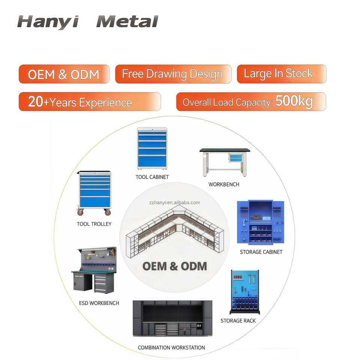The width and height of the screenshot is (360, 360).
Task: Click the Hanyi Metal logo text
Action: click(x=87, y=22)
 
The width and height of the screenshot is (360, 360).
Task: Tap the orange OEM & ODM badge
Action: click(x=64, y=74)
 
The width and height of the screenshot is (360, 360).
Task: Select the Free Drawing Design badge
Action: click(x=172, y=74)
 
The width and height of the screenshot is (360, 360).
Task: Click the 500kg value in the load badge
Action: click(x=294, y=101)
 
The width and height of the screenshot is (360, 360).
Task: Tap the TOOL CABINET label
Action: click(x=152, y=177)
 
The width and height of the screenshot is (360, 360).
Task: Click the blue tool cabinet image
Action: click(x=152, y=148)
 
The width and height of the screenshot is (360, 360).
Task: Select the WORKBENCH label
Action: click(x=224, y=184)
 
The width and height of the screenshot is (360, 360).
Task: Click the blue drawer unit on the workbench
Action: click(x=235, y=158)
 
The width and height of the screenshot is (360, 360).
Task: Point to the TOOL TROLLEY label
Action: click(x=94, y=224)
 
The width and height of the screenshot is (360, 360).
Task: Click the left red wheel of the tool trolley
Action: click(x=80, y=212)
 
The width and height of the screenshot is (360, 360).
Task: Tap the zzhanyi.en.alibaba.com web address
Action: click(x=174, y=202)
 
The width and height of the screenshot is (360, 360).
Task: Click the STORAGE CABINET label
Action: click(x=261, y=252)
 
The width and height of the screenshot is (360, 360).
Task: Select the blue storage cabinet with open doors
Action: click(x=261, y=223)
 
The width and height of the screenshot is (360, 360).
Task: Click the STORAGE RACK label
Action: click(x=238, y=321)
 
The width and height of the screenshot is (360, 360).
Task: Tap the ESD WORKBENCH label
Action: click(x=99, y=303)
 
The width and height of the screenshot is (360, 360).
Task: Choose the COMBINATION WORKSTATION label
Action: click(x=171, y=348)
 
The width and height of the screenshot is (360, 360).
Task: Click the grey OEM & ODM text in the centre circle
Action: click(x=174, y=266)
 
